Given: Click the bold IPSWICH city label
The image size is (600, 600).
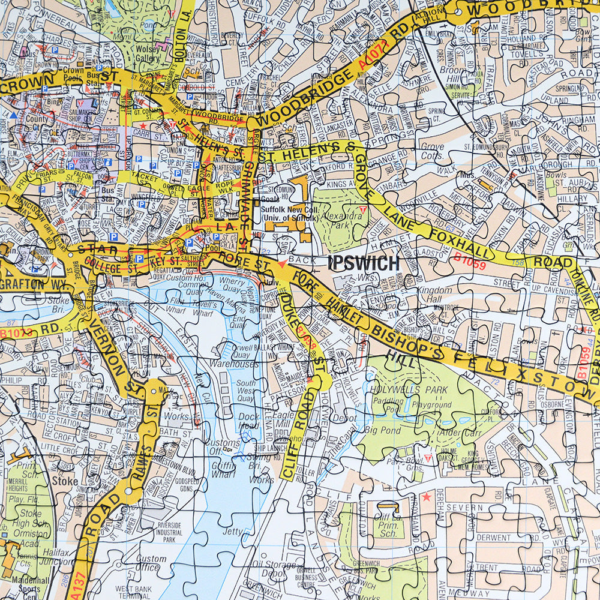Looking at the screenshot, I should tap(364, 263).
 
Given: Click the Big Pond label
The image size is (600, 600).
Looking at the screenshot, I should tap(382, 430).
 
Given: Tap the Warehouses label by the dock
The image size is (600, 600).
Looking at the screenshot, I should tap(239, 364).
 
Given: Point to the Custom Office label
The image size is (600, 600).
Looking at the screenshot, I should tap(151, 563).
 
